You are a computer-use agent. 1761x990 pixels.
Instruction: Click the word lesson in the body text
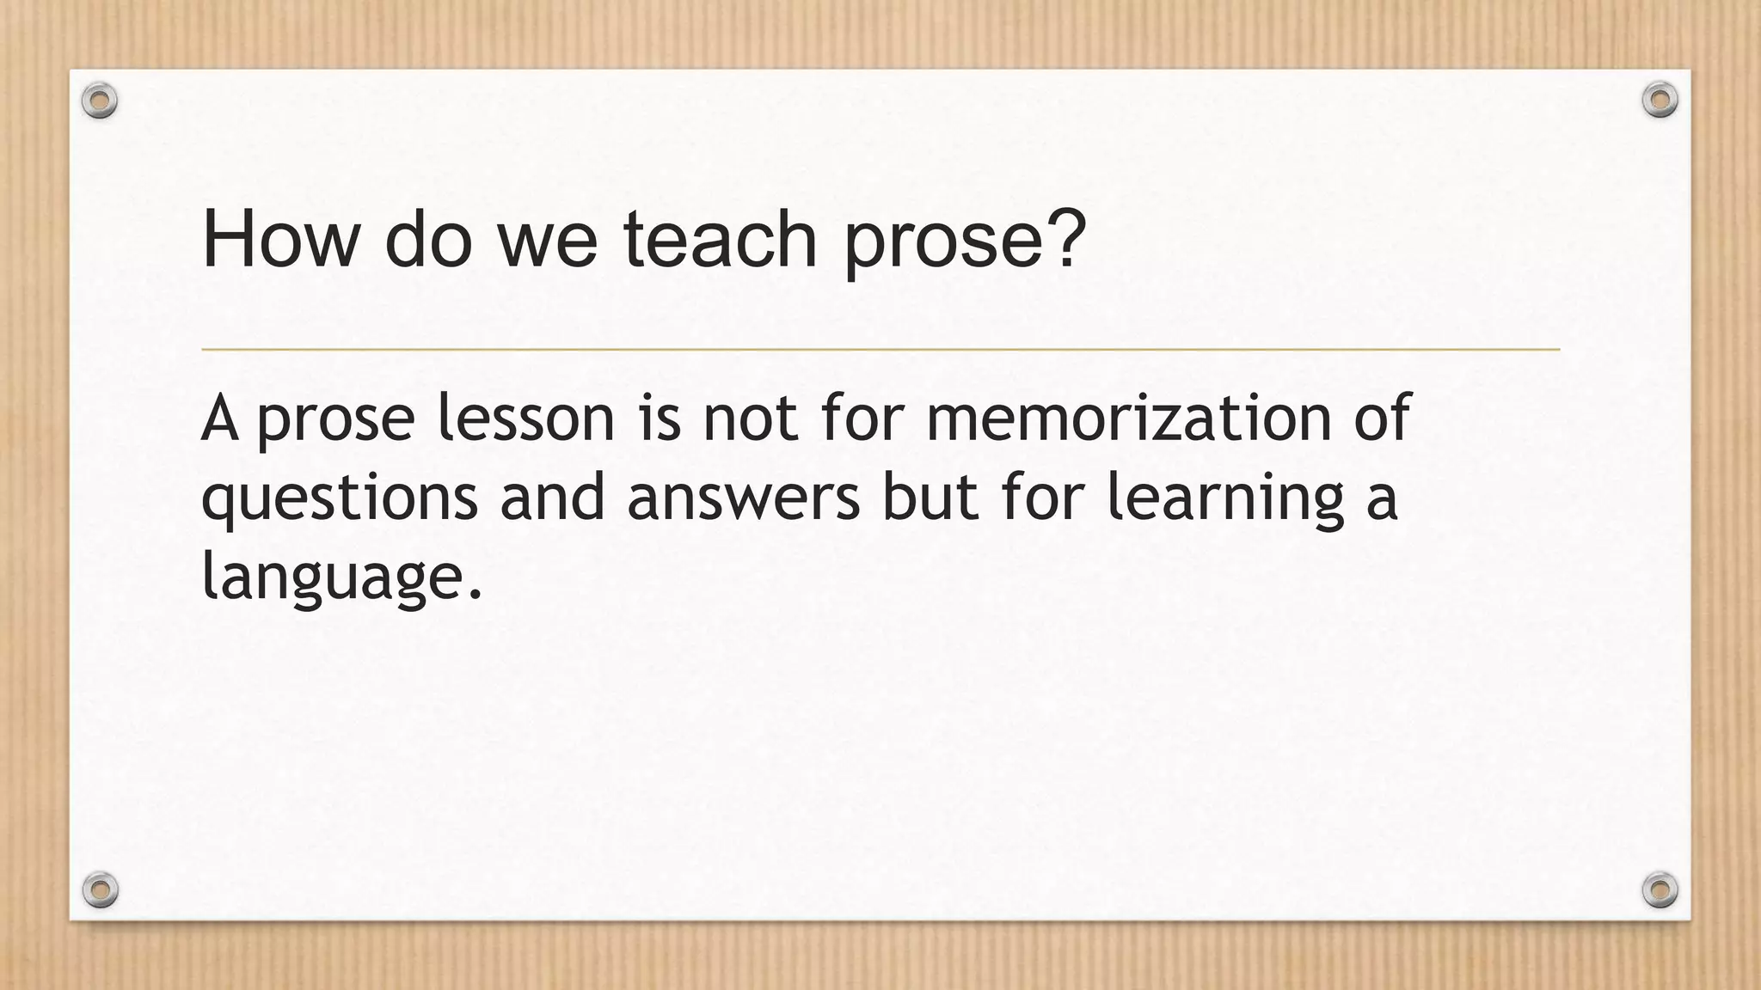(525, 418)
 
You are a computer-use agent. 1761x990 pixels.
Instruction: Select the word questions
(339, 498)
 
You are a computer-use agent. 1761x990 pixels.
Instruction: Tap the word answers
(743, 498)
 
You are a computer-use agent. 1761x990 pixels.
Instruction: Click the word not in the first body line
(750, 418)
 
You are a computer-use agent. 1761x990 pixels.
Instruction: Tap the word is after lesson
(659, 418)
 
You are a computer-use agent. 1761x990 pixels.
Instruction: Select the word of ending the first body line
(1382, 418)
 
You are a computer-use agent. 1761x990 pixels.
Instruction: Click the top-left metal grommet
(100, 101)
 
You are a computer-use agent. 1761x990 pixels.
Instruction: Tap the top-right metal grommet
(1660, 101)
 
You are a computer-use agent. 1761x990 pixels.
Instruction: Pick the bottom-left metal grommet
(100, 889)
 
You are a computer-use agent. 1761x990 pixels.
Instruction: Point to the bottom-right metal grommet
(1660, 889)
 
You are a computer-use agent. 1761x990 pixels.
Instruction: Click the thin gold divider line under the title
(880, 350)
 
